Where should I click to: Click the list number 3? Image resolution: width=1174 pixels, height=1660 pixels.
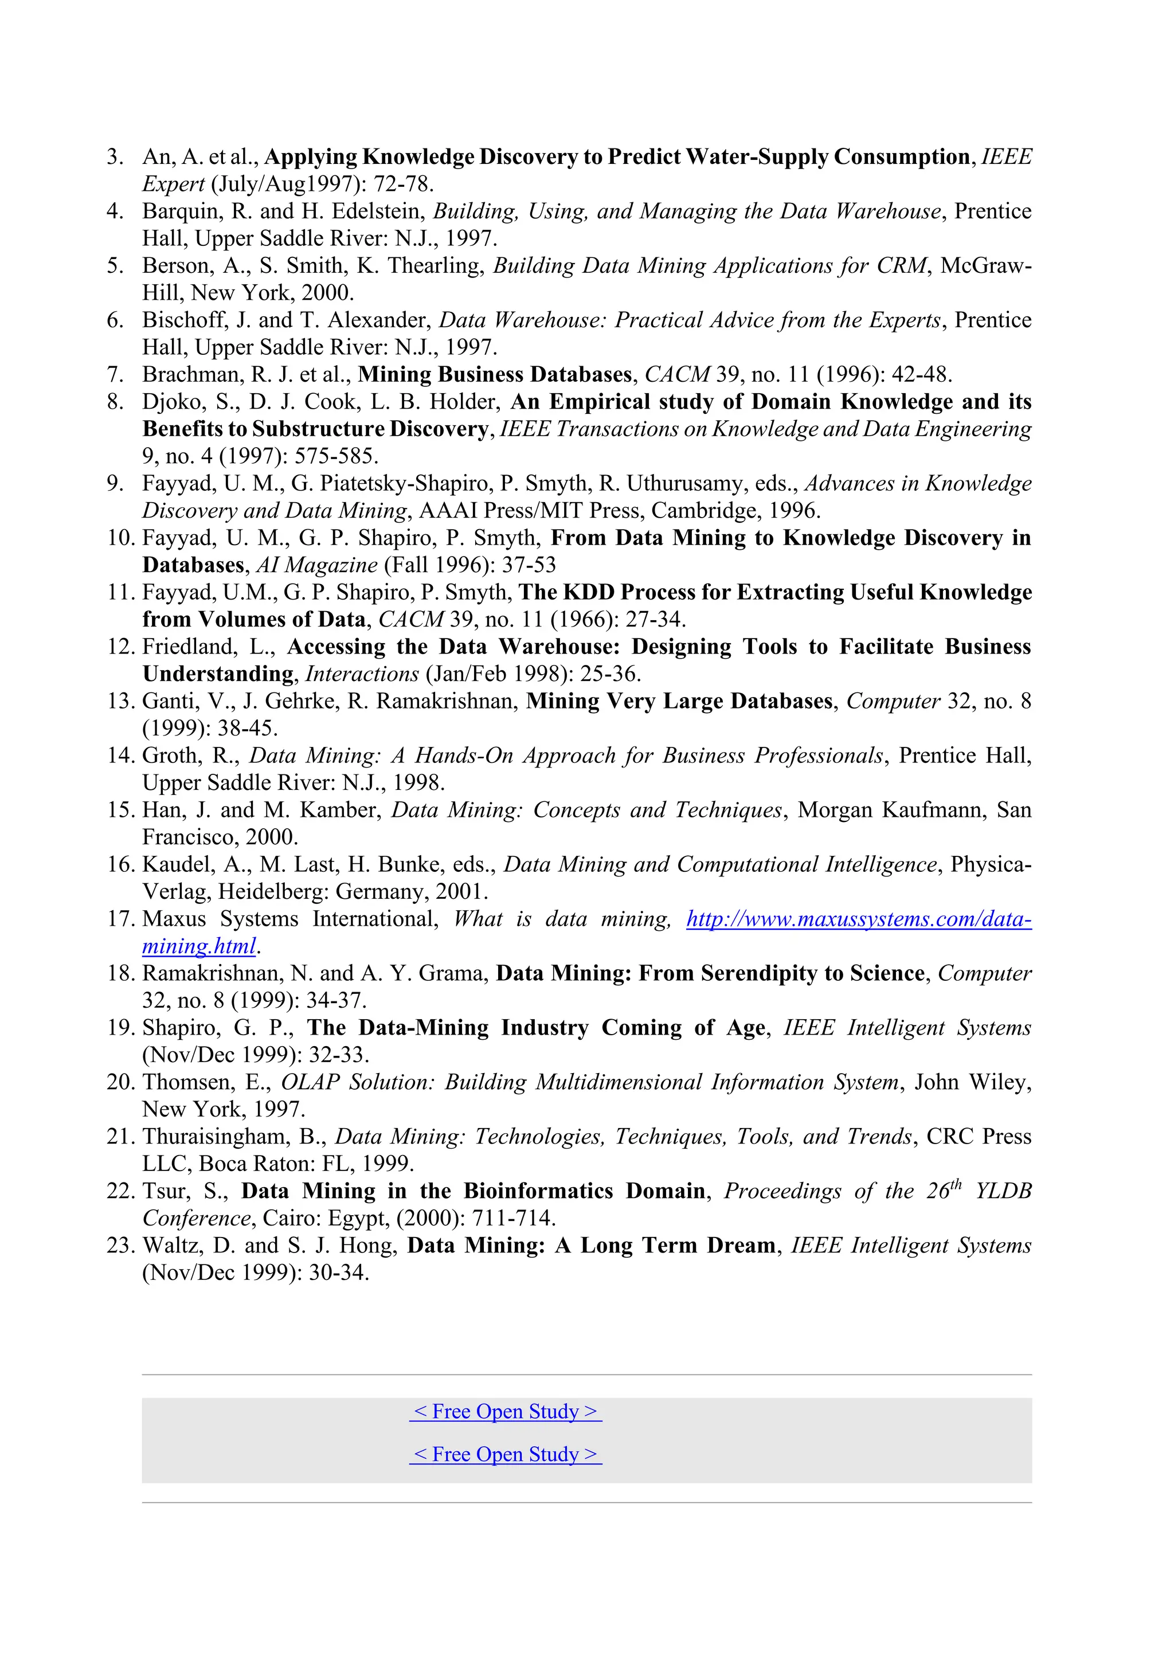point(114,157)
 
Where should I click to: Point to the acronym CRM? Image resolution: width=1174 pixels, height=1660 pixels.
point(901,266)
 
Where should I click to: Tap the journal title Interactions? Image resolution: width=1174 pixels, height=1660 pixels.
point(362,674)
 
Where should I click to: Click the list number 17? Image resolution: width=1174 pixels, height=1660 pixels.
point(121,919)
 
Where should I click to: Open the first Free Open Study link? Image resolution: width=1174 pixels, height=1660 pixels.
point(505,1411)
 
